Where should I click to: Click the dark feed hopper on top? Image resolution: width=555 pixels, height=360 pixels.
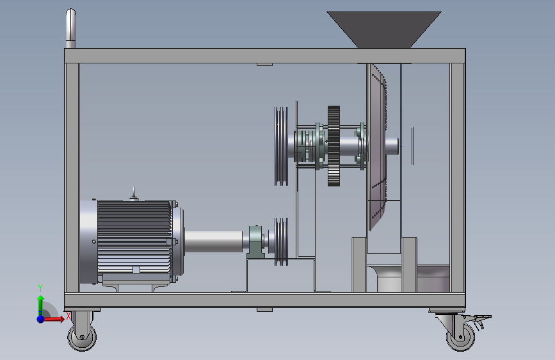[384, 29]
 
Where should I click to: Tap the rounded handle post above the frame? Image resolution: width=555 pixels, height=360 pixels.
[71, 28]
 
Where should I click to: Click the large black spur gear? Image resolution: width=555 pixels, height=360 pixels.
[334, 145]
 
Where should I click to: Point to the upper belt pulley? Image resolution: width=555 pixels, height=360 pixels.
[282, 146]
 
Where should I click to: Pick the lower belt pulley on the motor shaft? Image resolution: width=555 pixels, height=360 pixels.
[282, 241]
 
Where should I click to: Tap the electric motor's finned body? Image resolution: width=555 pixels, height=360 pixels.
[134, 237]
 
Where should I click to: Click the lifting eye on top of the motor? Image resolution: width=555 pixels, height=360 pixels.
[133, 193]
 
